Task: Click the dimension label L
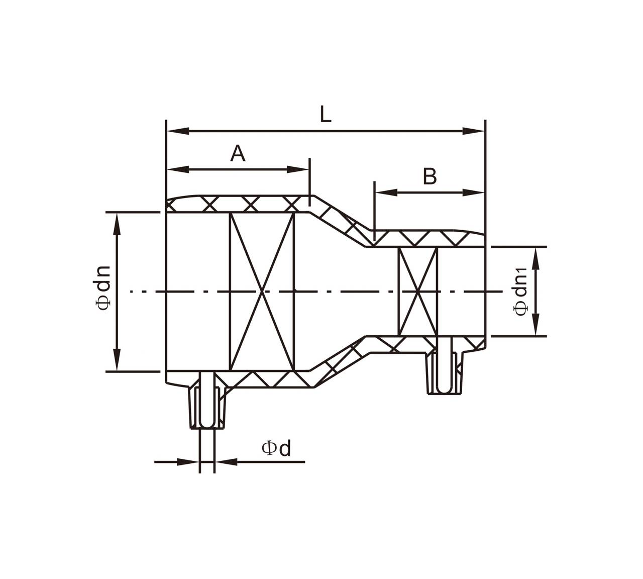[x=326, y=115]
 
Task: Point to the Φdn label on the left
[x=103, y=287]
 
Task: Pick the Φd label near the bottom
[x=276, y=448]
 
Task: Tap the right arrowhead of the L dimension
[x=473, y=131]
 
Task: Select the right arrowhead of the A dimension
[x=297, y=169]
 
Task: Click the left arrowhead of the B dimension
[x=386, y=192]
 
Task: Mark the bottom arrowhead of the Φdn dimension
[x=118, y=359]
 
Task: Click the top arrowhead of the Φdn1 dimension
[x=537, y=258]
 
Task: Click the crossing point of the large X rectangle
[x=262, y=292]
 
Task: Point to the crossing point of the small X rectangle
[x=417, y=292]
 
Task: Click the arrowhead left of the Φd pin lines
[x=188, y=462]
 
